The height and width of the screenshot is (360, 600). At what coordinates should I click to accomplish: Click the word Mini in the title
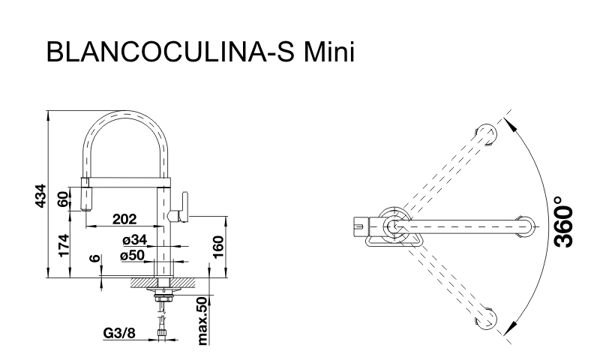pyautogui.click(x=329, y=51)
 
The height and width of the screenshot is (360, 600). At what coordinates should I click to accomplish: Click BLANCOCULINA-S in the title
pyautogui.click(x=170, y=51)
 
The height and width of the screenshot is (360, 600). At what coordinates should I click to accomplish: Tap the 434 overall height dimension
pyautogui.click(x=40, y=196)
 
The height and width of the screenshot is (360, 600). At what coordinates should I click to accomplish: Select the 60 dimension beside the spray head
pyautogui.click(x=64, y=199)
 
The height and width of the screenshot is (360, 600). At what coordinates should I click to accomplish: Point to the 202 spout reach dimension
pyautogui.click(x=124, y=219)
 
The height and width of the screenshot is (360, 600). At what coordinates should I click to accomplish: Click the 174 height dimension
pyautogui.click(x=64, y=245)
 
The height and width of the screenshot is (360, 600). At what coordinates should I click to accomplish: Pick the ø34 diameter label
pyautogui.click(x=135, y=240)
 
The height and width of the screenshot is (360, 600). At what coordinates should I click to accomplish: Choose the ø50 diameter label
pyautogui.click(x=133, y=255)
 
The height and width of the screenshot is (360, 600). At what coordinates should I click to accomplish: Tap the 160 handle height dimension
pyautogui.click(x=217, y=247)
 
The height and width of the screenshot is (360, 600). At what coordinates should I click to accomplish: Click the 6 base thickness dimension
pyautogui.click(x=96, y=258)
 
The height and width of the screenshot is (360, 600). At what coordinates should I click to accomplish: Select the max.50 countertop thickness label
pyautogui.click(x=202, y=320)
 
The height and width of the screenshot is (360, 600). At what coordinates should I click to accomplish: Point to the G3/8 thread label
pyautogui.click(x=119, y=333)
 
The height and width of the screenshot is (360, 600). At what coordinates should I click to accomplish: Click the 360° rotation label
pyautogui.click(x=564, y=221)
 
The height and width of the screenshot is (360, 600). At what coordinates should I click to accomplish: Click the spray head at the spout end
pyautogui.click(x=85, y=194)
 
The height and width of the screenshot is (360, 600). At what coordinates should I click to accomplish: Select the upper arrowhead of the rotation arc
pyautogui.click(x=508, y=122)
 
